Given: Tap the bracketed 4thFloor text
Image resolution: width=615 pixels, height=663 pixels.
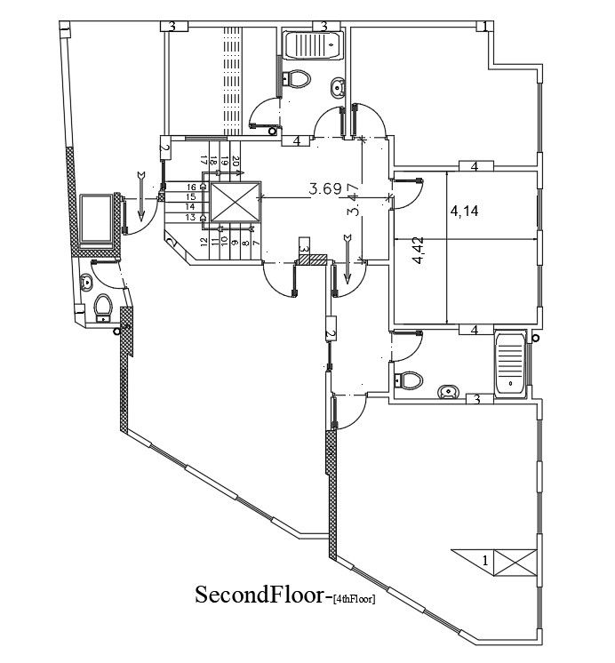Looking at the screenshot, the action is coord(353,600).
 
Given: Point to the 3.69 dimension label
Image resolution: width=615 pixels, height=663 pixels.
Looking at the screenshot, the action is coord(325,188).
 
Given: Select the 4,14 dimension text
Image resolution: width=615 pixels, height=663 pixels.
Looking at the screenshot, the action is coord(468,212).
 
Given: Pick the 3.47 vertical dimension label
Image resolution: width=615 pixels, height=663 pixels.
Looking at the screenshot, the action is coord(354,200).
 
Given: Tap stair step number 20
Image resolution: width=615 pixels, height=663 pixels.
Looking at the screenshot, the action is coord(236,161).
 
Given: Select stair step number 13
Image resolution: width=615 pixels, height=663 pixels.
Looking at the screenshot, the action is coord(190,217).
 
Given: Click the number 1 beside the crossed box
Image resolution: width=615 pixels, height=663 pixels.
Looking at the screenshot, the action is coord(484,562).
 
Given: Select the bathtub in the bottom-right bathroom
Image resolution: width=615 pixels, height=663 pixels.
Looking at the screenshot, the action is coord(511,362).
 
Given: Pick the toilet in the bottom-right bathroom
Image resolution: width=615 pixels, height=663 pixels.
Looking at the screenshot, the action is coord(409,379).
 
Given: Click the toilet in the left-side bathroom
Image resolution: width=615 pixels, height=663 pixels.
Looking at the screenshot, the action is coord(103,308).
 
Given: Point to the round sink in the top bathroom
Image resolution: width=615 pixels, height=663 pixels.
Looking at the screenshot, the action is coord(339,88).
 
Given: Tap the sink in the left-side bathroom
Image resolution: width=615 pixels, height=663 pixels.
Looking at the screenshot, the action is coord(86,283).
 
